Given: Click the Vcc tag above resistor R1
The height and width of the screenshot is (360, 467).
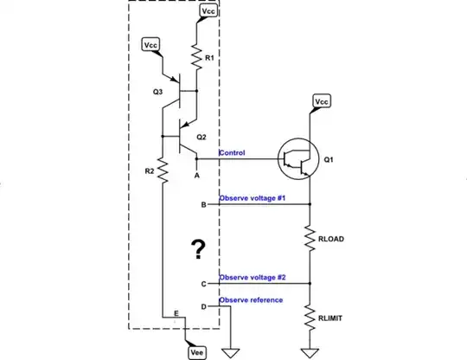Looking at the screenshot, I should coord(209,10).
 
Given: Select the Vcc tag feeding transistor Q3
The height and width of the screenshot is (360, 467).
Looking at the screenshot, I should coord(150,44).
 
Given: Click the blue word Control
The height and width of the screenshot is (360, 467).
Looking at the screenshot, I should coord(232,153).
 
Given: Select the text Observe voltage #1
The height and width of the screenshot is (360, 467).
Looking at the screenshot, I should coord(253,200).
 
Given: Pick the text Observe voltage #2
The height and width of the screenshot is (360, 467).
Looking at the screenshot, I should coord(253,278).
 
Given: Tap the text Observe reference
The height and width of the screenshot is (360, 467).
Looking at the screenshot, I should coord(251,300).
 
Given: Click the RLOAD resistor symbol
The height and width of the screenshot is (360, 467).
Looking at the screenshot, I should coord(310,237).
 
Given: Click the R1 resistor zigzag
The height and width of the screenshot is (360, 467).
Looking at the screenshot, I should coord(197,58).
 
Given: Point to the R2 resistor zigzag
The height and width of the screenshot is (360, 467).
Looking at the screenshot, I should coord(162,172).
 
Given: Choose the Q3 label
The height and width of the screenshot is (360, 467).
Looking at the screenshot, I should coord(157,91).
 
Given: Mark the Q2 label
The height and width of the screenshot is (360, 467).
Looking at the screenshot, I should coord(201,137).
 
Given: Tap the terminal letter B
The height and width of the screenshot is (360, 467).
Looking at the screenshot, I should coord(203,205).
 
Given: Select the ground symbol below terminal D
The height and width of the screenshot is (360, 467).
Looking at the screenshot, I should coord(231,352).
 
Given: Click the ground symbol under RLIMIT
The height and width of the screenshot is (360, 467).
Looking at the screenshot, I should coord(310,352).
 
